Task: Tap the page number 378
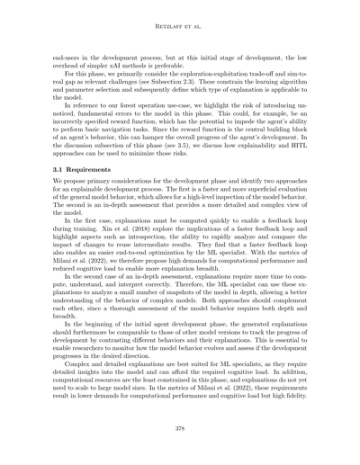[x=180, y=426]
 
